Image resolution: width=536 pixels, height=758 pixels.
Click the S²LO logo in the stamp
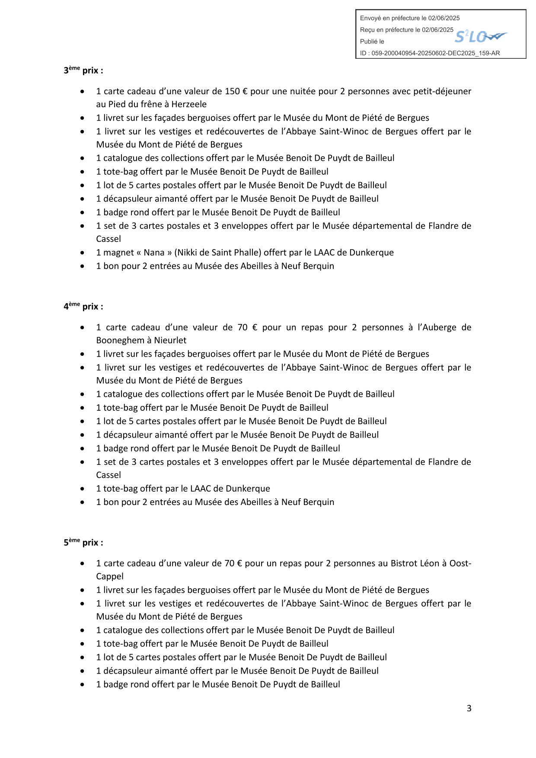pos(480,37)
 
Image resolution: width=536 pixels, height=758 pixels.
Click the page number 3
pos(469,708)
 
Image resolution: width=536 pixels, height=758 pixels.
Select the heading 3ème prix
pos(83,70)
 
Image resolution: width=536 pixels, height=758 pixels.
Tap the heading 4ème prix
pos(83,306)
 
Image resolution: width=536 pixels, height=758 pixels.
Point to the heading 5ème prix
pos(83,542)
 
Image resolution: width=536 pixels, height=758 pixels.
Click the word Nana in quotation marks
pos(154,253)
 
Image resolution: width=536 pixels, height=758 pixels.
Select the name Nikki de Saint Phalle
pos(218,253)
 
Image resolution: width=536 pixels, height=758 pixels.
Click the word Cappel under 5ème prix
pos(110,576)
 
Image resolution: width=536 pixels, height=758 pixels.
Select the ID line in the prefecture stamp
pos(430,53)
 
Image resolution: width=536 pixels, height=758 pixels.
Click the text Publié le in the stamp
pos(372,42)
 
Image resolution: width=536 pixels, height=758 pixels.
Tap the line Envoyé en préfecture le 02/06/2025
pos(409,18)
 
